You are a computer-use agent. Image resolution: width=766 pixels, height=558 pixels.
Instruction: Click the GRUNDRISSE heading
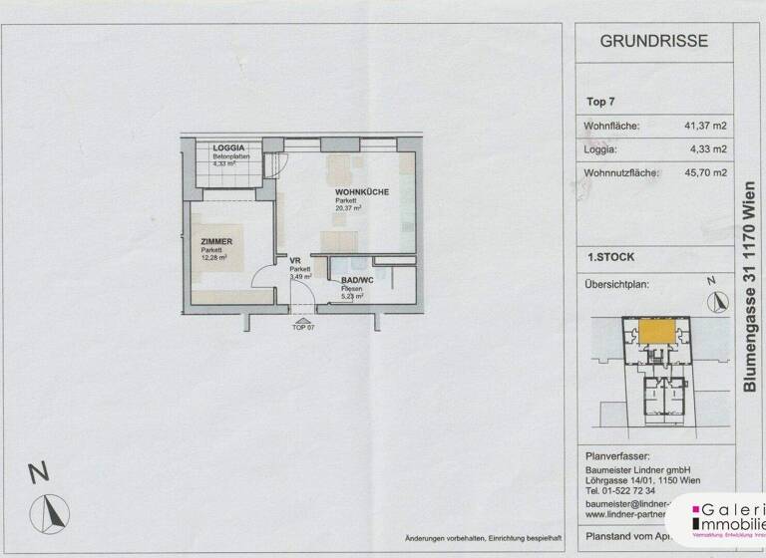click(x=654, y=41)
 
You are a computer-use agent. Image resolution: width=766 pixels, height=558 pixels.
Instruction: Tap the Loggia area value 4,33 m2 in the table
click(x=705, y=149)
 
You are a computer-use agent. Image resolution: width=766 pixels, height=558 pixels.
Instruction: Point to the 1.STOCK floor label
click(x=609, y=257)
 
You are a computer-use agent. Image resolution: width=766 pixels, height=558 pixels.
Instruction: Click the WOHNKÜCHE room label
click(x=361, y=191)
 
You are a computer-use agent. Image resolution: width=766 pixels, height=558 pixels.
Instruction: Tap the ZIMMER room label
click(x=215, y=241)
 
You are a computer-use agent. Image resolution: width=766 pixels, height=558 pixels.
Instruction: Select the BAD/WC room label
click(x=356, y=281)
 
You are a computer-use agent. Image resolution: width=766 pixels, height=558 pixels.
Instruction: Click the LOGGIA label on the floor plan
click(x=228, y=148)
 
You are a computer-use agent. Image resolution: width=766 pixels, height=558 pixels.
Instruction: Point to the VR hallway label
click(x=294, y=259)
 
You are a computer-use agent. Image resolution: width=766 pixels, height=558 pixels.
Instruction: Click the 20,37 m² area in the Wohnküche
click(x=348, y=209)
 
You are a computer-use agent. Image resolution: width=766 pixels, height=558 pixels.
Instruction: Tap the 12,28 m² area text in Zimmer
click(x=214, y=258)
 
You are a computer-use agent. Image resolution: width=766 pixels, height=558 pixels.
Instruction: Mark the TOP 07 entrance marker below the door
click(x=303, y=327)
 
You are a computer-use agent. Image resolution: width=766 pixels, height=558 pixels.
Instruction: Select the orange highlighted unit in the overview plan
click(x=655, y=332)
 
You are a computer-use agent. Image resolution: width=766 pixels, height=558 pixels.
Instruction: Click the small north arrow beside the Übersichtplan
click(x=710, y=296)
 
